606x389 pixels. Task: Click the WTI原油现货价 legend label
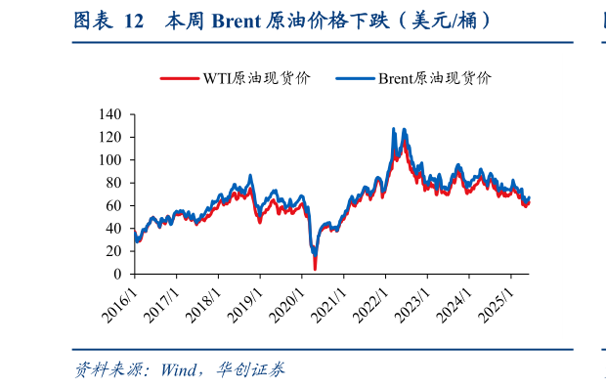(x=256, y=79)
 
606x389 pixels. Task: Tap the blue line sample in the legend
(x=355, y=79)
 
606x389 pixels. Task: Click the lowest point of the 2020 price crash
(x=315, y=269)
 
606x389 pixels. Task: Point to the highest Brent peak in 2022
(x=393, y=128)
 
